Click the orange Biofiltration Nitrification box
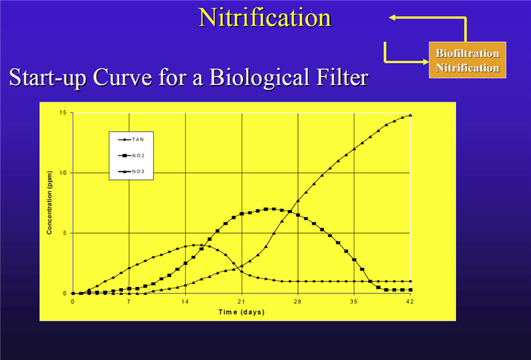tap(467, 60)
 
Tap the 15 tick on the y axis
tap(62, 112)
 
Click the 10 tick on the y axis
tap(62, 173)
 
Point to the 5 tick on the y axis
tap(64, 233)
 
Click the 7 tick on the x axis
tap(129, 302)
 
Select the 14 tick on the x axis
tap(185, 302)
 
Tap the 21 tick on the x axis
tap(242, 302)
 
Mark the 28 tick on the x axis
tap(298, 302)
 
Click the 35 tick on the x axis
tap(354, 302)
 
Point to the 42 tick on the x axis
tap(411, 302)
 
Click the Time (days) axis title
tap(242, 312)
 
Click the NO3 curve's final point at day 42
tap(411, 115)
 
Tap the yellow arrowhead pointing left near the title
tap(393, 18)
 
